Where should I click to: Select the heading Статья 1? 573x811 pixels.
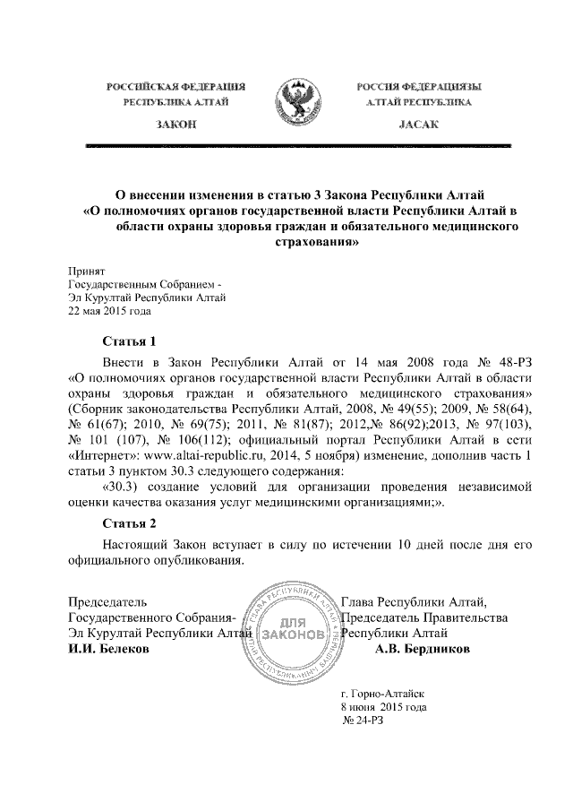point(130,341)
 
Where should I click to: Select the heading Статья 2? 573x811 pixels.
point(130,522)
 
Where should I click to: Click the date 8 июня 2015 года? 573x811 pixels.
point(385,707)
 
